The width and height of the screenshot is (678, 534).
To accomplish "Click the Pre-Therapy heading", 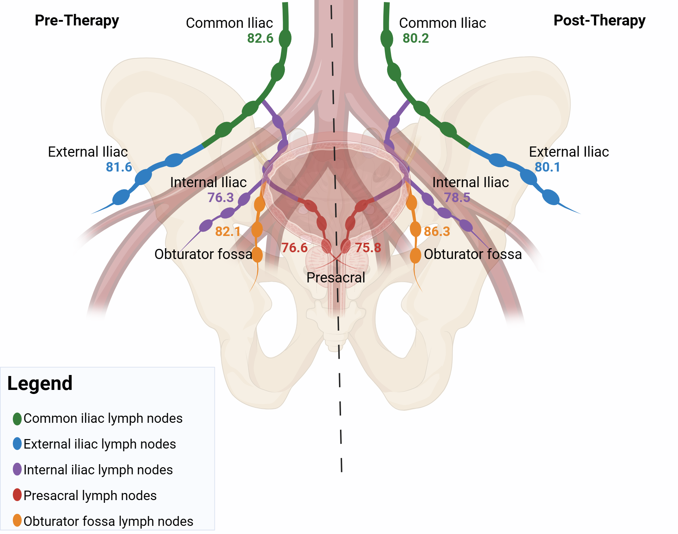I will tap(77, 20).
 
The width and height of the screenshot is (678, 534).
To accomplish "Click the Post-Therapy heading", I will tap(599, 20).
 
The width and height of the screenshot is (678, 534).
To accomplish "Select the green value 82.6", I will tap(260, 38).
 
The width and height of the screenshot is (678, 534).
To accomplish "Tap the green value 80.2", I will tap(416, 38).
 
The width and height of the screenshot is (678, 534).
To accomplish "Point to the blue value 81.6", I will tap(119, 167).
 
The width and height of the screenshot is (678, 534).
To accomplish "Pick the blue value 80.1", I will tap(547, 167).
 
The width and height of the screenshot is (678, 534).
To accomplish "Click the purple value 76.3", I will tap(220, 197).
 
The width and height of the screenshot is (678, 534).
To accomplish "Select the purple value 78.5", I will tap(457, 197).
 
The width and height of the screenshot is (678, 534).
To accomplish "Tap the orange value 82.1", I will tap(228, 232).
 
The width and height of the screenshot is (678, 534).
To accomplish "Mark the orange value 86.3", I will tap(437, 232).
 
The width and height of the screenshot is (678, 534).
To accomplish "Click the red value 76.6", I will tap(294, 248).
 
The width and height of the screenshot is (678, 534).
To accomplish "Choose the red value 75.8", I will tap(368, 248).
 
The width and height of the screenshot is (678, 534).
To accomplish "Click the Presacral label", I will tap(336, 278).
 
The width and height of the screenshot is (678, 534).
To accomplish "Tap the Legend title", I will tap(40, 383).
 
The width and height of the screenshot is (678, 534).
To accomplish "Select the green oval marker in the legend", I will tap(17, 419).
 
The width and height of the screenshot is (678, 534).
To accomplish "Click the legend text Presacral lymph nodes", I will tap(90, 496).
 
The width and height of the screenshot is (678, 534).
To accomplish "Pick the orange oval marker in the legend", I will tap(17, 520).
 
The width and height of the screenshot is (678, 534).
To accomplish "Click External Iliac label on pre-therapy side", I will tap(88, 152).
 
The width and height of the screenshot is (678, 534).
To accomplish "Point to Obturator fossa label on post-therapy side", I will tap(473, 254).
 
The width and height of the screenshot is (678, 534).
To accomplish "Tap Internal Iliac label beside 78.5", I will tap(471, 182).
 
